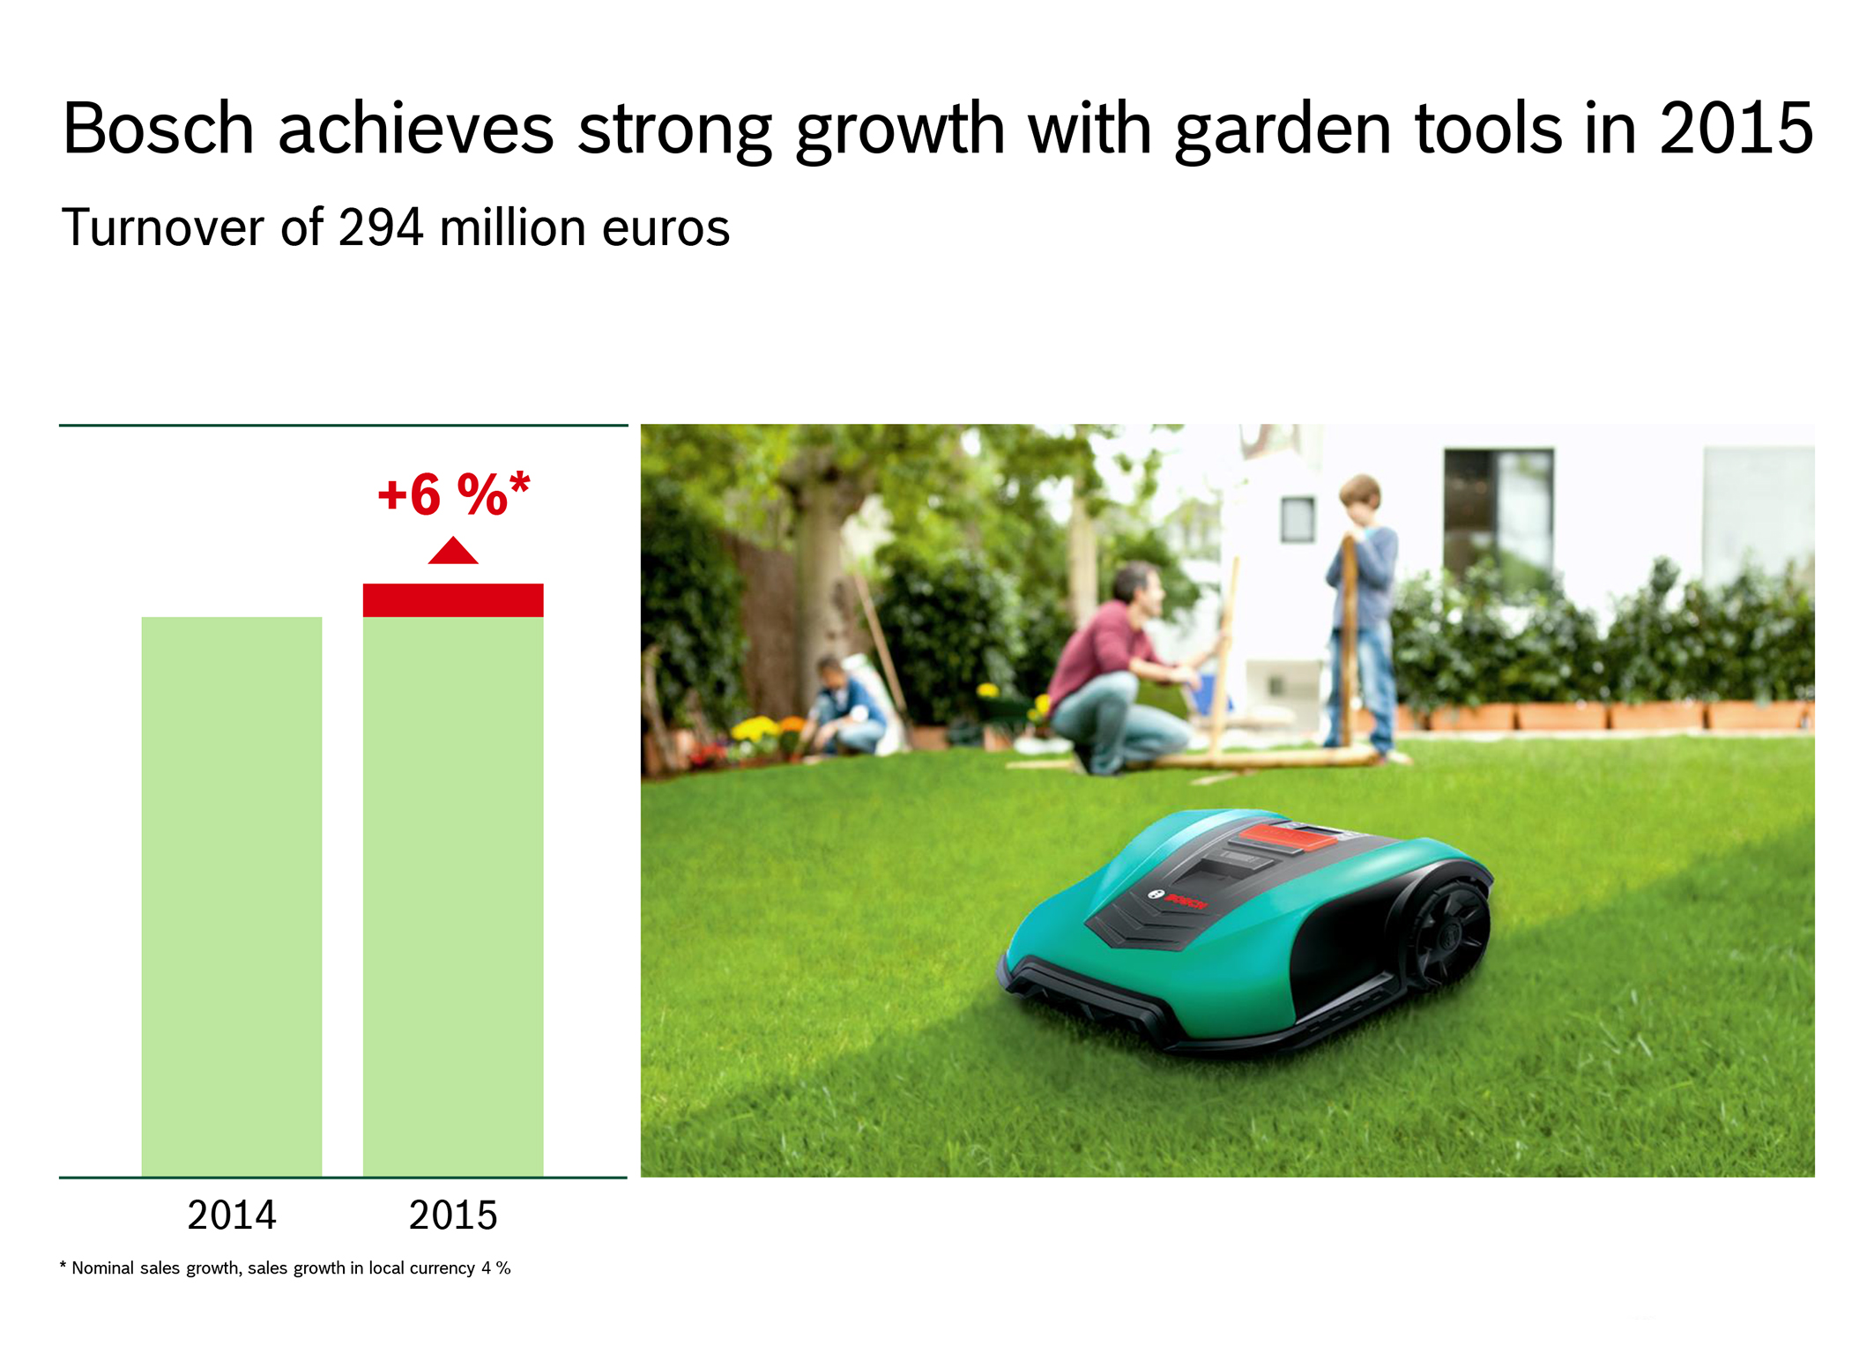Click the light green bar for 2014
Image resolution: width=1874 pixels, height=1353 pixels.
[x=232, y=896]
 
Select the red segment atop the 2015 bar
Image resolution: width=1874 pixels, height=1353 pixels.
[x=453, y=600]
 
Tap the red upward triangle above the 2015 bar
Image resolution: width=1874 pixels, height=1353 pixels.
[x=453, y=551]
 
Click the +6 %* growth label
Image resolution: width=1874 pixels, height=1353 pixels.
[x=454, y=494]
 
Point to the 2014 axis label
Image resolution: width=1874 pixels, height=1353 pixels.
[x=232, y=1215]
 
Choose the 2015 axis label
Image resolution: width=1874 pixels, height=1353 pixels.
[x=453, y=1215]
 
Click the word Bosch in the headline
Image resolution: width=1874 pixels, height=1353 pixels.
[x=159, y=129]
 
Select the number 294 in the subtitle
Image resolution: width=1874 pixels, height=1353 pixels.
[x=381, y=227]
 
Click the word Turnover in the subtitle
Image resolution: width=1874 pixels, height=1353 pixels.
[x=163, y=227]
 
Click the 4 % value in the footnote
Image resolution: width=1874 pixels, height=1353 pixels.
[x=496, y=1268]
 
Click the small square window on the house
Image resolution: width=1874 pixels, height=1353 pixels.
[x=1298, y=519]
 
